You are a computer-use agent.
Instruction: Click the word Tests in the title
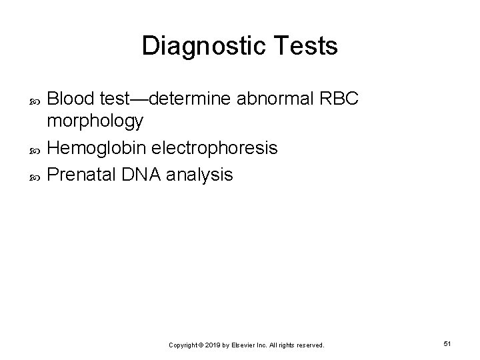click(x=306, y=47)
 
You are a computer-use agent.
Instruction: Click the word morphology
click(x=95, y=121)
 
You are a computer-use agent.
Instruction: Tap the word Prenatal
click(x=82, y=175)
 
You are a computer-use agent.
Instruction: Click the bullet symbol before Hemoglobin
click(x=36, y=149)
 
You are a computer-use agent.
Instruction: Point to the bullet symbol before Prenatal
click(x=36, y=176)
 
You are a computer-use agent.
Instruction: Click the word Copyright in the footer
click(x=183, y=345)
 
